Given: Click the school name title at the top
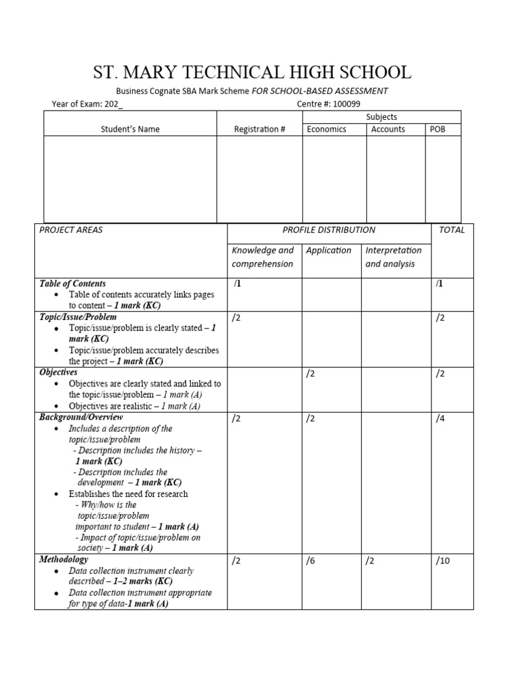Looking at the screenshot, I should point(252,72).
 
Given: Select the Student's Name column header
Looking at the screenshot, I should point(130,129).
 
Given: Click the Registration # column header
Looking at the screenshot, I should point(259,129).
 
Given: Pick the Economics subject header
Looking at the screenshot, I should point(327,129).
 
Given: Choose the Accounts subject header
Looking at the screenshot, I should point(388,129).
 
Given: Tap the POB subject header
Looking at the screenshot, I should point(437,129).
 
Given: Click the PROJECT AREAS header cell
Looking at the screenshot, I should point(71,230).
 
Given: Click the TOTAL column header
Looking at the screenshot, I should point(452,230).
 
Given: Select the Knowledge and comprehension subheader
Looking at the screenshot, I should point(263,257).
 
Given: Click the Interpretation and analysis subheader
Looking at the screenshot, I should point(393,257).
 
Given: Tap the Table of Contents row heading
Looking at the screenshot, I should point(72,284).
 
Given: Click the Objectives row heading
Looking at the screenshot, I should point(59,373).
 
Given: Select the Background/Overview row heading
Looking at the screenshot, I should point(81,417).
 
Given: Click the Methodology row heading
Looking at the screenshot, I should point(64,559).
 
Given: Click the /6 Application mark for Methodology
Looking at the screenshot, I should point(311,561).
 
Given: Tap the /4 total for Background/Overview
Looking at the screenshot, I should point(441,419).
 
